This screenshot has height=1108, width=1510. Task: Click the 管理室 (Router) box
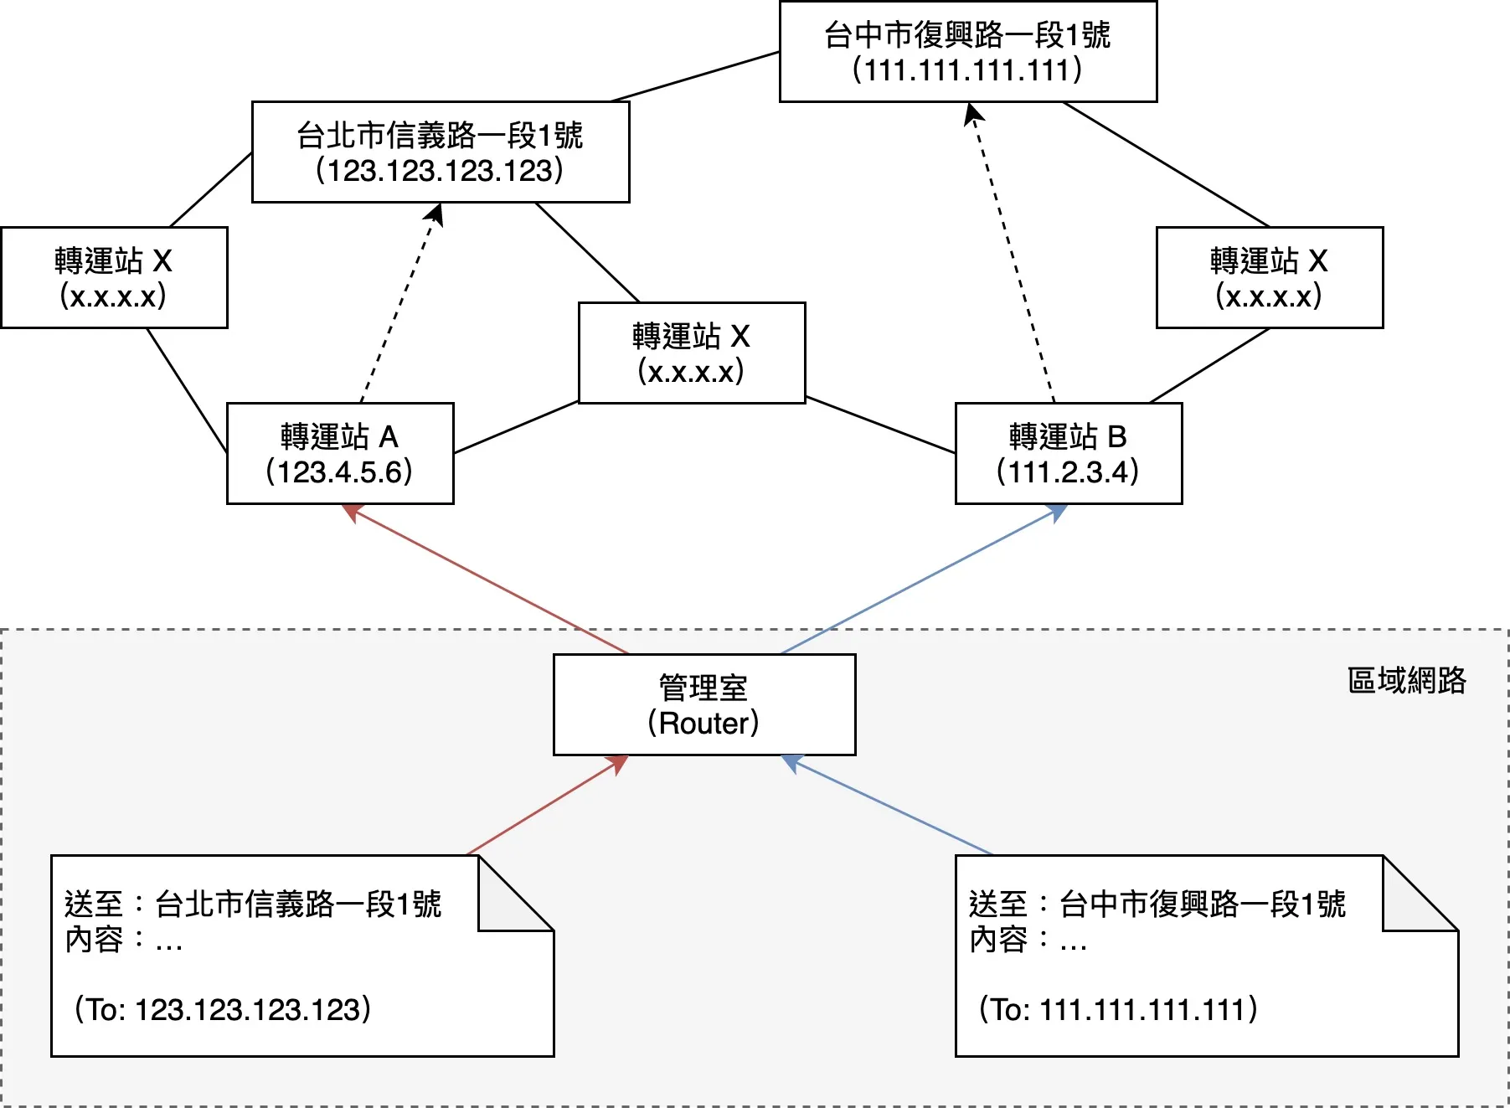click(x=704, y=705)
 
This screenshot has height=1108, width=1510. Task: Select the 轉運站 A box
click(x=340, y=453)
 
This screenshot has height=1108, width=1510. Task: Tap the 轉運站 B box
click(x=1068, y=453)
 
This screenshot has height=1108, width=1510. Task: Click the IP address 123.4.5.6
click(x=340, y=472)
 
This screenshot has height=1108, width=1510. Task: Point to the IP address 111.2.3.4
click(x=1068, y=472)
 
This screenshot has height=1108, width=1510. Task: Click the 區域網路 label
click(x=1406, y=680)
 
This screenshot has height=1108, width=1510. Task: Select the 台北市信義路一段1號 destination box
click(x=441, y=152)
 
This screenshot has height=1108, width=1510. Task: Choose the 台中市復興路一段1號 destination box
click(x=968, y=52)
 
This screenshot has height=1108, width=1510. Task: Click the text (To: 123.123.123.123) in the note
click(x=223, y=1009)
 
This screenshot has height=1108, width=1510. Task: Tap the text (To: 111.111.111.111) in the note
click(x=1118, y=1009)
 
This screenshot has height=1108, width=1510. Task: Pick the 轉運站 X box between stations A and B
click(x=692, y=353)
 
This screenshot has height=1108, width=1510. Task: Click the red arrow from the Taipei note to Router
click(x=544, y=807)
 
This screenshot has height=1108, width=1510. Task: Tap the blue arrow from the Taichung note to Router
click(x=888, y=806)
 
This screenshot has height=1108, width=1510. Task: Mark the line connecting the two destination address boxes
click(x=696, y=76)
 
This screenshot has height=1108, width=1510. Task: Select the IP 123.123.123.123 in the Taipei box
click(x=441, y=171)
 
